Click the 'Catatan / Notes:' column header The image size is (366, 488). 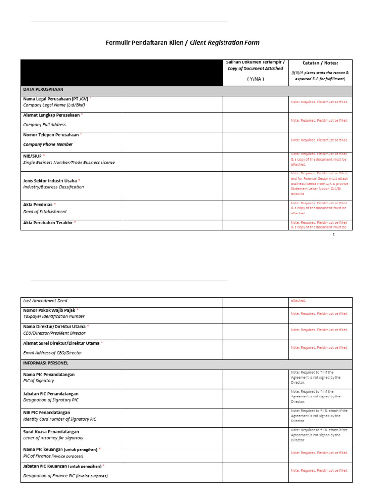point(320,63)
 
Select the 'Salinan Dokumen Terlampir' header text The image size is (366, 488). point(255,62)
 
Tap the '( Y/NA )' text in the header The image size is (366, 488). point(255,79)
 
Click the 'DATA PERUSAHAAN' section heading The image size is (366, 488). point(43,89)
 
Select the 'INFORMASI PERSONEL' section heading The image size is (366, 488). point(46,363)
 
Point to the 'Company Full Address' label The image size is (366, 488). point(45,125)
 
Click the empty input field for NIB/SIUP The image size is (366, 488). point(172,162)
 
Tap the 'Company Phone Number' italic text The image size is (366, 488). point(48,144)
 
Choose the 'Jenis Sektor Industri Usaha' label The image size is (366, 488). point(50,181)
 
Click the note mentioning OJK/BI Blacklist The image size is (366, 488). point(320,183)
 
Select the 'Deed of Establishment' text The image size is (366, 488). point(45,212)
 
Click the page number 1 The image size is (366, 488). point(334,234)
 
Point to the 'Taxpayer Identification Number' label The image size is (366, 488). point(54,316)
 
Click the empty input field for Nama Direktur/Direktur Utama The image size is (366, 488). point(172,330)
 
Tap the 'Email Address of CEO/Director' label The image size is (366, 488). point(53,353)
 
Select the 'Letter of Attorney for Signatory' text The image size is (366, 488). point(53,438)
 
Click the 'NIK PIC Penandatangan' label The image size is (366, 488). point(47,413)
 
